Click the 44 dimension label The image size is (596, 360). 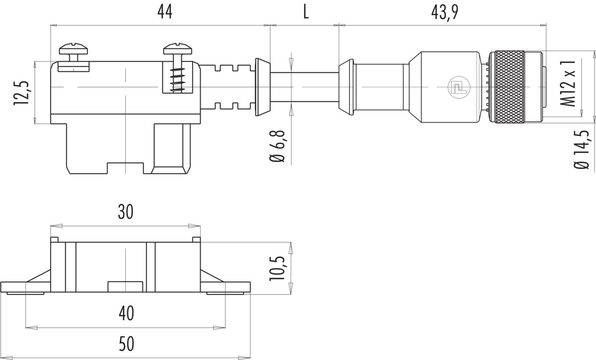tap(165, 12)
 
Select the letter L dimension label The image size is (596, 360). tap(306, 12)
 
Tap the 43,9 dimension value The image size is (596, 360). tap(445, 12)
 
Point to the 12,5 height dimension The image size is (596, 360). tap(21, 92)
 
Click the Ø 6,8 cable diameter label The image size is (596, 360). tap(277, 146)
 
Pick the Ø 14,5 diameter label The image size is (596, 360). tap(582, 149)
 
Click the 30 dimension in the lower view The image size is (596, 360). tap(125, 212)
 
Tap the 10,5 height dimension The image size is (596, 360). tap(277, 269)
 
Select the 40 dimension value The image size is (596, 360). tap(126, 313)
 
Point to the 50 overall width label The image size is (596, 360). tap(126, 344)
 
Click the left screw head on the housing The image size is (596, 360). tap(74, 49)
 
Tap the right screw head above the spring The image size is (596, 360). tap(178, 49)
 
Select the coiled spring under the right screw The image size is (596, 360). tap(178, 80)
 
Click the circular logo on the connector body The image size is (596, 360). tap(459, 87)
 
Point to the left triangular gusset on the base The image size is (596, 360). tap(39, 276)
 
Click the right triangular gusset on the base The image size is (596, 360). tap(212, 276)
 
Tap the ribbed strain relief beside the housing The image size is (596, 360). tap(227, 87)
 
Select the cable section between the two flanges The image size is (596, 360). tap(304, 87)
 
